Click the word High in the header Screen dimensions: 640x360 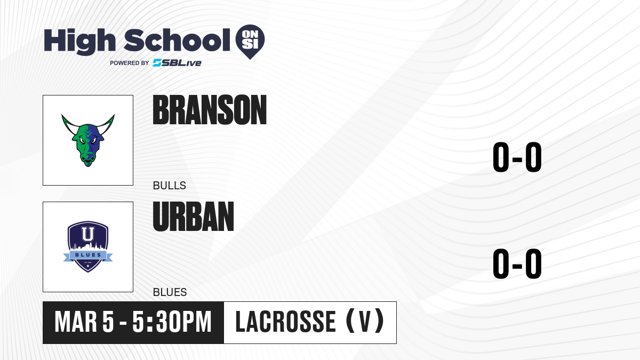pyautogui.click(x=79, y=42)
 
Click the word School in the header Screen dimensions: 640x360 pyautogui.click(x=177, y=40)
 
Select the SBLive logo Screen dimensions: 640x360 pyautogui.click(x=177, y=63)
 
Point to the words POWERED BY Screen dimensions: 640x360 pyautogui.click(x=130, y=63)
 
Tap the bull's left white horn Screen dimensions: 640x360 pyautogui.click(x=69, y=125)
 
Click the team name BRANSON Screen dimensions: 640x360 pyautogui.click(x=210, y=110)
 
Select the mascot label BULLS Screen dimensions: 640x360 pyautogui.click(x=170, y=186)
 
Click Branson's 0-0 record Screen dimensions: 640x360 pyautogui.click(x=517, y=157)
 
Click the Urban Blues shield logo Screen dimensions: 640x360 pyautogui.click(x=88, y=246)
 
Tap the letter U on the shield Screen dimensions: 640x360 pyautogui.click(x=88, y=234)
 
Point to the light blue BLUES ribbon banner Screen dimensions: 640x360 pyautogui.click(x=88, y=255)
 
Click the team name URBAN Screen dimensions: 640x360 pyautogui.click(x=194, y=217)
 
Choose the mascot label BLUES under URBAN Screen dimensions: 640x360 pyautogui.click(x=170, y=292)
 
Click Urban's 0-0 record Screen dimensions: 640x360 pyautogui.click(x=517, y=263)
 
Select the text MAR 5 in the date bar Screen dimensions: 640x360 pyautogui.click(x=84, y=322)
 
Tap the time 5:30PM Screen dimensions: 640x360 pyautogui.click(x=172, y=322)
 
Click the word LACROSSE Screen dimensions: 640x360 pyautogui.click(x=285, y=322)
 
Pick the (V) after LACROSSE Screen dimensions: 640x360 pyautogui.click(x=365, y=321)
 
